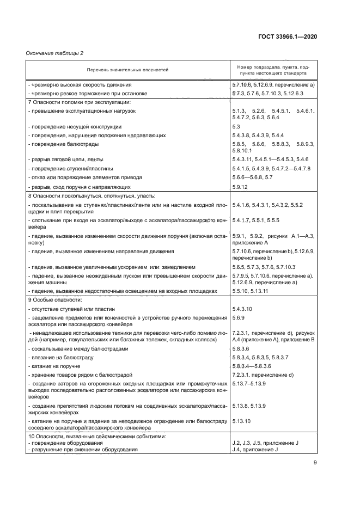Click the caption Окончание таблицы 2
coord(54,53)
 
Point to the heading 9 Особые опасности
coord(54,300)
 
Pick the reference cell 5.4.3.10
coord(243,309)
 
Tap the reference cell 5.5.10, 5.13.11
coord(250,291)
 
